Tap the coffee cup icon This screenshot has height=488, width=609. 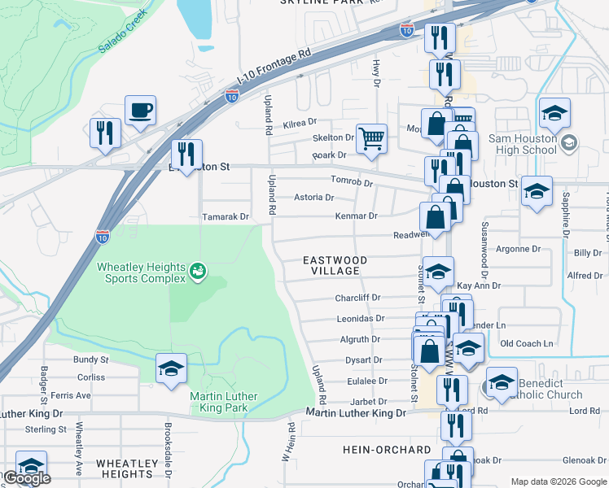pyautogui.click(x=140, y=110)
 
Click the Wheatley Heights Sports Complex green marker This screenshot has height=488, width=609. pyautogui.click(x=197, y=270)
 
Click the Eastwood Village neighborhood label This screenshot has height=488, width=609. pyautogui.click(x=335, y=265)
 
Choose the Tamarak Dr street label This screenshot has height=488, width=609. pyautogui.click(x=225, y=217)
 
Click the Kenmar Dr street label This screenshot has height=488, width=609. pyautogui.click(x=357, y=216)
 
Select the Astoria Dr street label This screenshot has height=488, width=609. pyautogui.click(x=313, y=198)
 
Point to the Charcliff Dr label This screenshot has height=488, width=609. pyautogui.click(x=357, y=298)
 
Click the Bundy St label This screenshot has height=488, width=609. pyautogui.click(x=90, y=359)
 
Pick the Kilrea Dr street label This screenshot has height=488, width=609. pyautogui.click(x=300, y=122)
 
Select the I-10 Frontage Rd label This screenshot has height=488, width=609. pyautogui.click(x=276, y=63)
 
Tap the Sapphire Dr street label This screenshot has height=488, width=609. pyautogui.click(x=564, y=220)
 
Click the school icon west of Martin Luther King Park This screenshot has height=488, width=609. pyautogui.click(x=171, y=368)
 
